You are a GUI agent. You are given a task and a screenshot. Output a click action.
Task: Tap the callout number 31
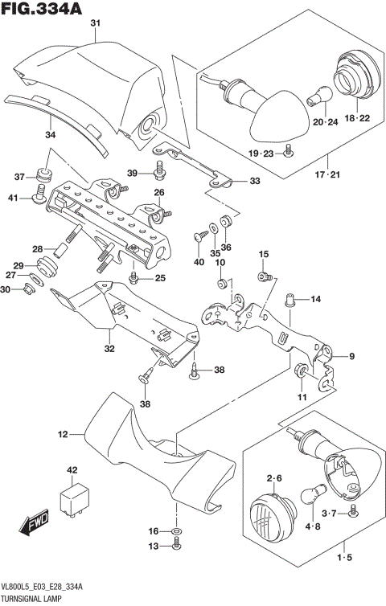tap(95, 23)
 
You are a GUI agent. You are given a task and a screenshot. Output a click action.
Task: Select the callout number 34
tap(51, 134)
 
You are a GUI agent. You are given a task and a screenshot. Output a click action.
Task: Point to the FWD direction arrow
tap(36, 526)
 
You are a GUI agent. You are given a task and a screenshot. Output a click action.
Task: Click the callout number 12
tap(62, 435)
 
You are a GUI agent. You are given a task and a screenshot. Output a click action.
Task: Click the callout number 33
tap(254, 182)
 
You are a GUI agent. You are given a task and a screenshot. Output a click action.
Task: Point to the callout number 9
tap(351, 356)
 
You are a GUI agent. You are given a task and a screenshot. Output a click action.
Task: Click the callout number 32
tap(109, 349)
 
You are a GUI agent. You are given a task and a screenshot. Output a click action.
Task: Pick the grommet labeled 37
tap(45, 175)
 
